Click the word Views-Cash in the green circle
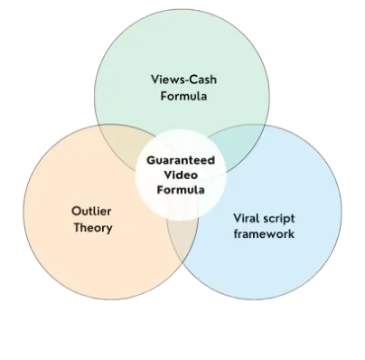click(x=183, y=79)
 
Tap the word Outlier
click(x=91, y=211)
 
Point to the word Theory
click(x=93, y=228)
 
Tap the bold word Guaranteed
click(x=180, y=160)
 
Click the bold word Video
click(x=181, y=175)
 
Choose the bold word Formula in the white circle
click(x=181, y=191)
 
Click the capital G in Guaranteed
click(x=149, y=160)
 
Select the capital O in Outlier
click(x=75, y=211)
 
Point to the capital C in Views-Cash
click(x=192, y=79)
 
